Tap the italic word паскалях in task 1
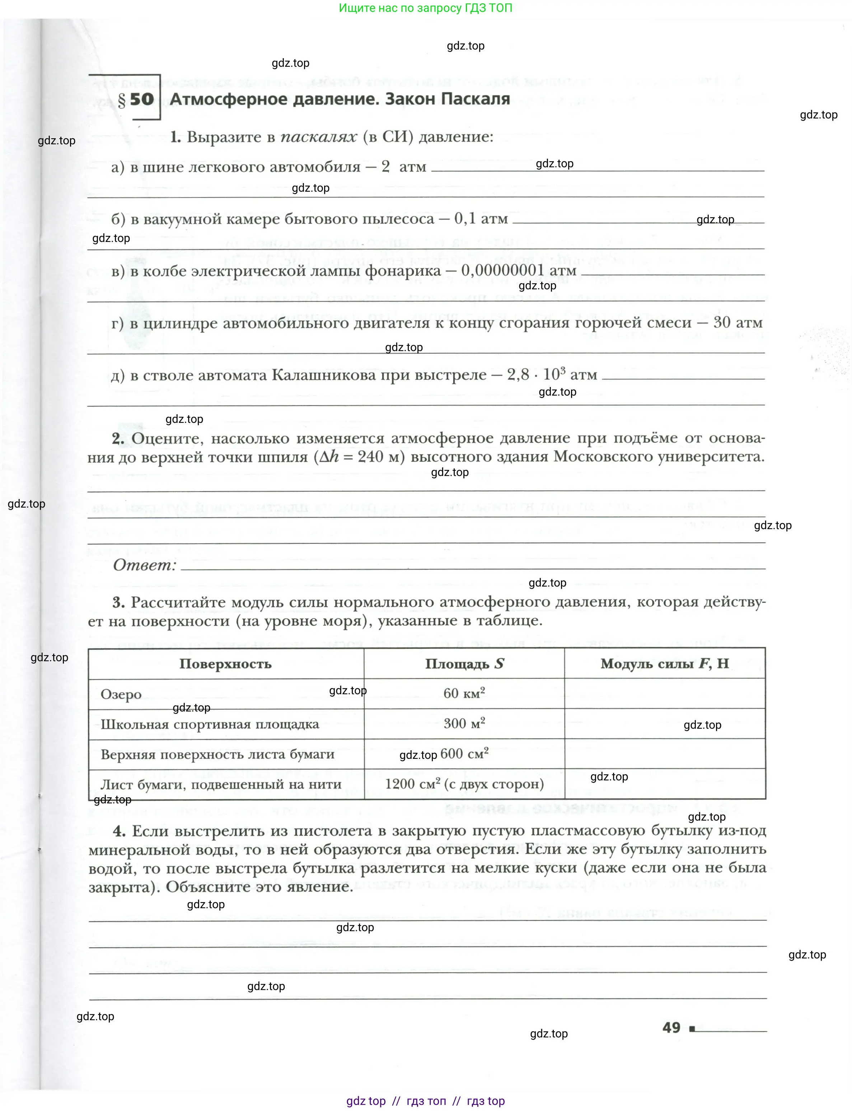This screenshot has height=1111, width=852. (x=318, y=137)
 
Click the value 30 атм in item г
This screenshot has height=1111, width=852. (x=738, y=323)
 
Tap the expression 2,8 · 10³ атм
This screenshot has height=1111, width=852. (x=552, y=374)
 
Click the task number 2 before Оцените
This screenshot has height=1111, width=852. (x=118, y=438)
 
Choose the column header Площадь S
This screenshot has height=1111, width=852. (x=464, y=664)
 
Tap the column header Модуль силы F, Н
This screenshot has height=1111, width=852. (x=664, y=664)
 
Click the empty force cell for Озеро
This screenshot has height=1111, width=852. (x=664, y=694)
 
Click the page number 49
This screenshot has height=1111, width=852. (x=671, y=1028)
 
